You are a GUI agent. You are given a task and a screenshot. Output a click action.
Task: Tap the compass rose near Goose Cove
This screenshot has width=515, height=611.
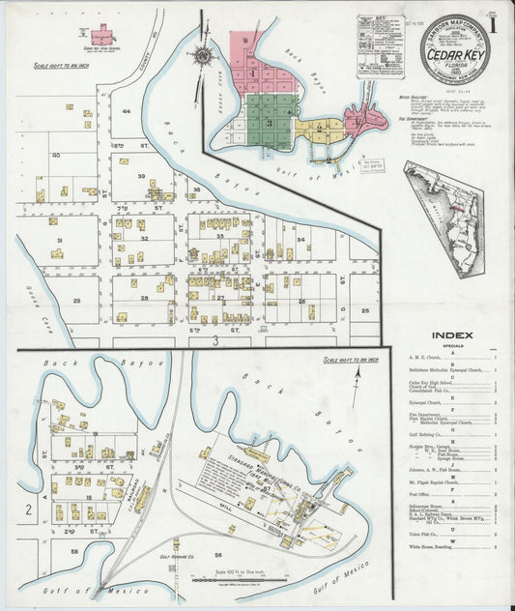(x=204, y=56)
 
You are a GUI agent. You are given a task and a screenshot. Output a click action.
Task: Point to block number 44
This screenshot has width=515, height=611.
(x=127, y=112)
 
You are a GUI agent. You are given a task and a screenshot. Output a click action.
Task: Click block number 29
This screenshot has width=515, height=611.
(x=69, y=299)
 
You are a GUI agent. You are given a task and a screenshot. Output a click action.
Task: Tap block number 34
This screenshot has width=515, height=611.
(x=301, y=239)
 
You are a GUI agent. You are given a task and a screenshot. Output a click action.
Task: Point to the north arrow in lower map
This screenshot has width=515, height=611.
(x=358, y=372)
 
